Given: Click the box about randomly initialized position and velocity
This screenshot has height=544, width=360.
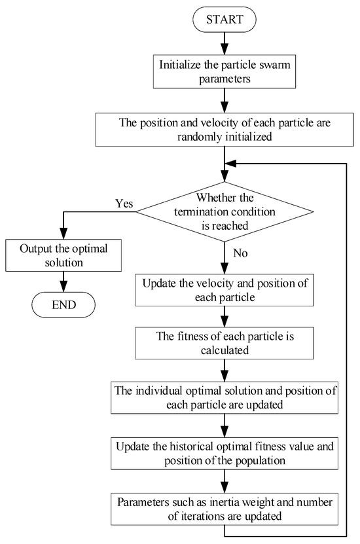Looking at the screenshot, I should pyautogui.click(x=224, y=130).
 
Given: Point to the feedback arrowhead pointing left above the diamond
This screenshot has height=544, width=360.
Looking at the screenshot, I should pyautogui.click(x=229, y=164).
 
